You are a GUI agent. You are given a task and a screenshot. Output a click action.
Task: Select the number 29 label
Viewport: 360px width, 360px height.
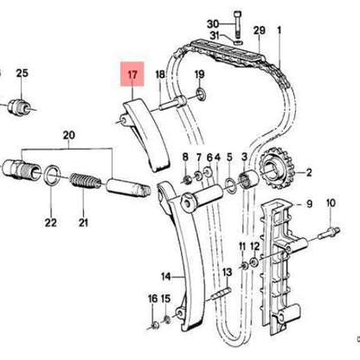[258, 32]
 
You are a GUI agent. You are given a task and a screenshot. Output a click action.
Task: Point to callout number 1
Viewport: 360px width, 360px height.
[280, 32]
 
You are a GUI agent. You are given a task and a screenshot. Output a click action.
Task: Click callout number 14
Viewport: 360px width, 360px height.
[143, 277]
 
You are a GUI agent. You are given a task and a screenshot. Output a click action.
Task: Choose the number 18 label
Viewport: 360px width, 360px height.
[159, 75]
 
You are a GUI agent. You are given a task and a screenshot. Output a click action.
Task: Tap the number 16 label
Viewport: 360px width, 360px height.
[154, 299]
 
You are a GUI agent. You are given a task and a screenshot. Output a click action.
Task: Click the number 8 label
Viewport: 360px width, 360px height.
[184, 156]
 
